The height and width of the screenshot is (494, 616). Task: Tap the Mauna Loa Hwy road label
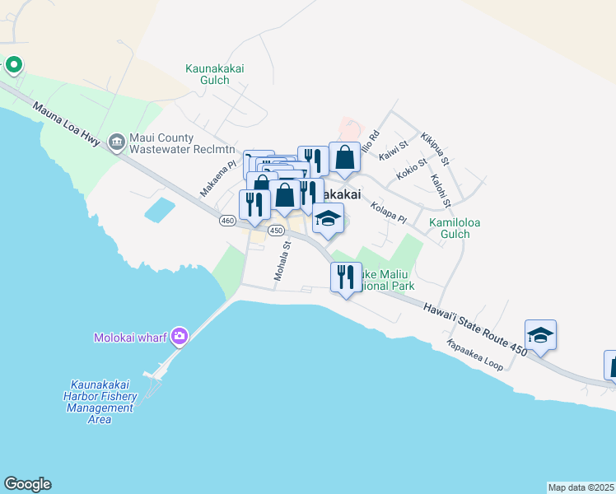pos(68,125)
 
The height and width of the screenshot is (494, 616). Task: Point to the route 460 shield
pos(228,221)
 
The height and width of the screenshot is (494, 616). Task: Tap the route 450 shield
pos(276,231)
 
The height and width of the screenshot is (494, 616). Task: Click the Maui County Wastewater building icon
pos(116,142)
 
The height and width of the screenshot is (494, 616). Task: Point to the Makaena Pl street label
pos(217,178)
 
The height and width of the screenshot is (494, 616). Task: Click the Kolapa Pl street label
pos(389,213)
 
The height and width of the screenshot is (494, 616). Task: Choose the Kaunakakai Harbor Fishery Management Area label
pos(101,402)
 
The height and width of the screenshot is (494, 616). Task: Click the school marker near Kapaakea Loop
pos(540,335)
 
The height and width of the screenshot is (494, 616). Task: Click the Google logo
pos(27,484)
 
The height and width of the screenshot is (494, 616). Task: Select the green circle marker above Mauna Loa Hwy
pos(13,63)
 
